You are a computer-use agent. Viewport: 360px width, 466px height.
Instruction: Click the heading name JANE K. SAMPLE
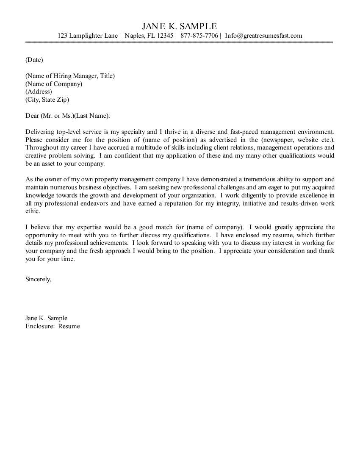tap(180, 26)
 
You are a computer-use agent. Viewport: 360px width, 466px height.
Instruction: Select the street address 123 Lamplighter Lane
tap(88, 36)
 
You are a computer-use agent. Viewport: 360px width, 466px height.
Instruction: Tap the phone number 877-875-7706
tap(199, 36)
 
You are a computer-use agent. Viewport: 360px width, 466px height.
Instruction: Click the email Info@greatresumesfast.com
tap(263, 36)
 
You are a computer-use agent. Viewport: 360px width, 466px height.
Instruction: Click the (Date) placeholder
tap(34, 60)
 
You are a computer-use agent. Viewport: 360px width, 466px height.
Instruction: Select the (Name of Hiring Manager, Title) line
tap(70, 76)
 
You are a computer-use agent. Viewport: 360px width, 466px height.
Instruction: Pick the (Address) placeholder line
tap(39, 92)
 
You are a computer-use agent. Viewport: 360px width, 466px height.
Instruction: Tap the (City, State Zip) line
tap(47, 100)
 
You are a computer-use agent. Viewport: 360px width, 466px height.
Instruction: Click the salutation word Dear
tap(32, 116)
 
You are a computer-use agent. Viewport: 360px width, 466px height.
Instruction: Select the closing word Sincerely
tap(38, 280)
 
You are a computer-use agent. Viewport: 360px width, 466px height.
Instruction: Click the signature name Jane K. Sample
tap(46, 318)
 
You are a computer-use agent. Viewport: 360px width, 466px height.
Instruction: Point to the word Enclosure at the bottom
tap(40, 326)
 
